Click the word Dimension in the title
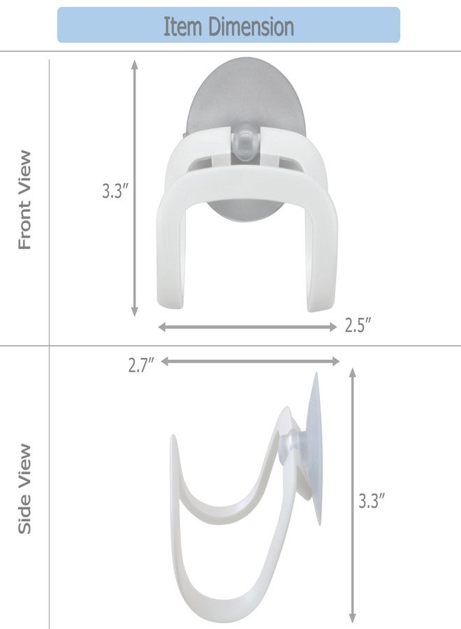tap(251, 27)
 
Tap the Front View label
tap(24, 200)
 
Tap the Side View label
tap(24, 489)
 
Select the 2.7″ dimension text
tap(141, 365)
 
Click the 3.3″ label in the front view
tap(115, 191)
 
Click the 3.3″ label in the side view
tap(371, 501)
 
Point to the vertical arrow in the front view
tap(135, 188)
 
